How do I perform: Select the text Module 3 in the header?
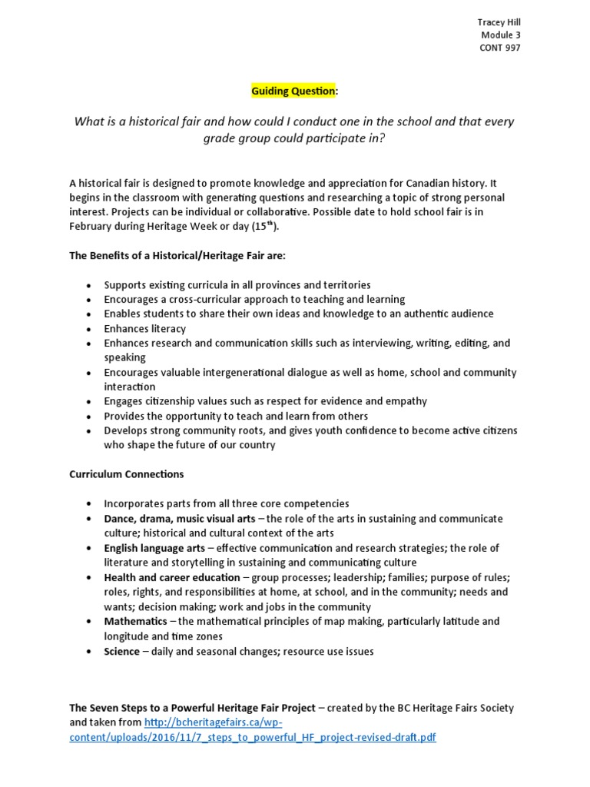pyautogui.click(x=501, y=35)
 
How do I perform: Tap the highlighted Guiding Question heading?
pyautogui.click(x=293, y=91)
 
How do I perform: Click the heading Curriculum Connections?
pyautogui.click(x=127, y=474)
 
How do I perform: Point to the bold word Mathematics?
pyautogui.click(x=135, y=621)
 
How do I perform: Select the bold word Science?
pyautogui.click(x=122, y=651)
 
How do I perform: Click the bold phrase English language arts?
pyautogui.click(x=154, y=548)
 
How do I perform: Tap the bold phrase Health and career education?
pyautogui.click(x=172, y=577)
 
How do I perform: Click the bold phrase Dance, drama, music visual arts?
pyautogui.click(x=180, y=519)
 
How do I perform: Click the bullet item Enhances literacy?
pyautogui.click(x=145, y=328)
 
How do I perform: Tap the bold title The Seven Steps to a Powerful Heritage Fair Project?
pyautogui.click(x=192, y=708)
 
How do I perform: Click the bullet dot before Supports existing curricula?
pyautogui.click(x=89, y=285)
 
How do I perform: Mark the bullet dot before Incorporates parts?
pyautogui.click(x=89, y=504)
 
